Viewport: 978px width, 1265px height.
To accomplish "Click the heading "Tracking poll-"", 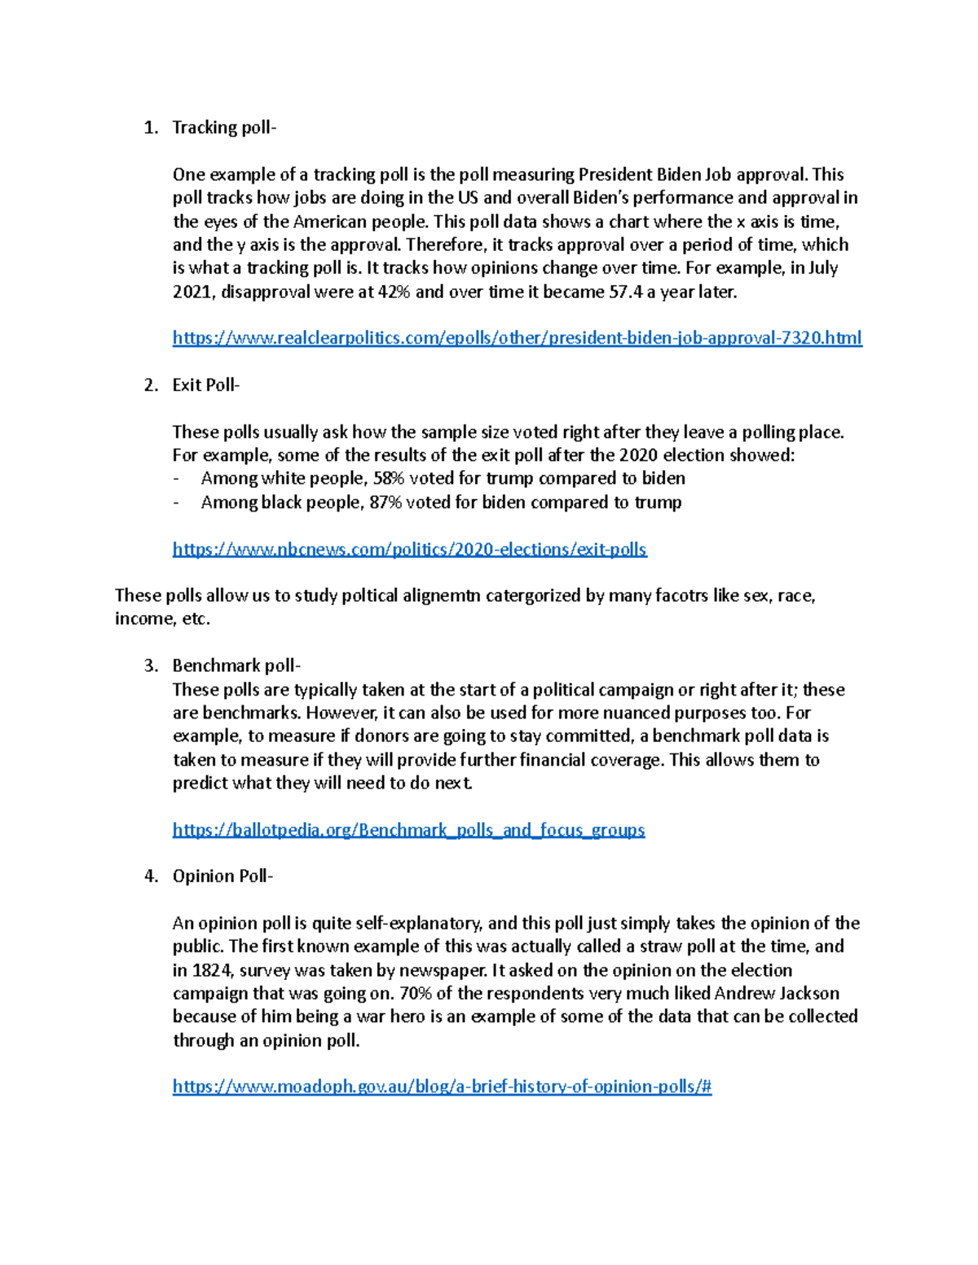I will tap(224, 128).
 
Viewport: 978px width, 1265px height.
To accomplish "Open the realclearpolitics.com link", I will tap(517, 338).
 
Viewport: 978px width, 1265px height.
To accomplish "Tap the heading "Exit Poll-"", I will tap(206, 385).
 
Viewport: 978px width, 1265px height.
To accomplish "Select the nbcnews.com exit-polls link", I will tap(409, 550).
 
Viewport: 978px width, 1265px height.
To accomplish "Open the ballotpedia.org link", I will tap(408, 830).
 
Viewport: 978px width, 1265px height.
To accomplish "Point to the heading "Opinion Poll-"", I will tap(223, 876).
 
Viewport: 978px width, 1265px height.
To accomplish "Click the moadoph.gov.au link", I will tap(442, 1087).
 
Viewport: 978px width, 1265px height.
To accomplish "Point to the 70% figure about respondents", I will tap(416, 994).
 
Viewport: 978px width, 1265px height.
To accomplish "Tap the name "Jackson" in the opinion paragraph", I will tap(809, 994).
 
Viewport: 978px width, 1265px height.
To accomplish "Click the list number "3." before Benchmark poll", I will tap(151, 666).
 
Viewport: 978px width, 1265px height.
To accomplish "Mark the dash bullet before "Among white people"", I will tap(176, 479).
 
